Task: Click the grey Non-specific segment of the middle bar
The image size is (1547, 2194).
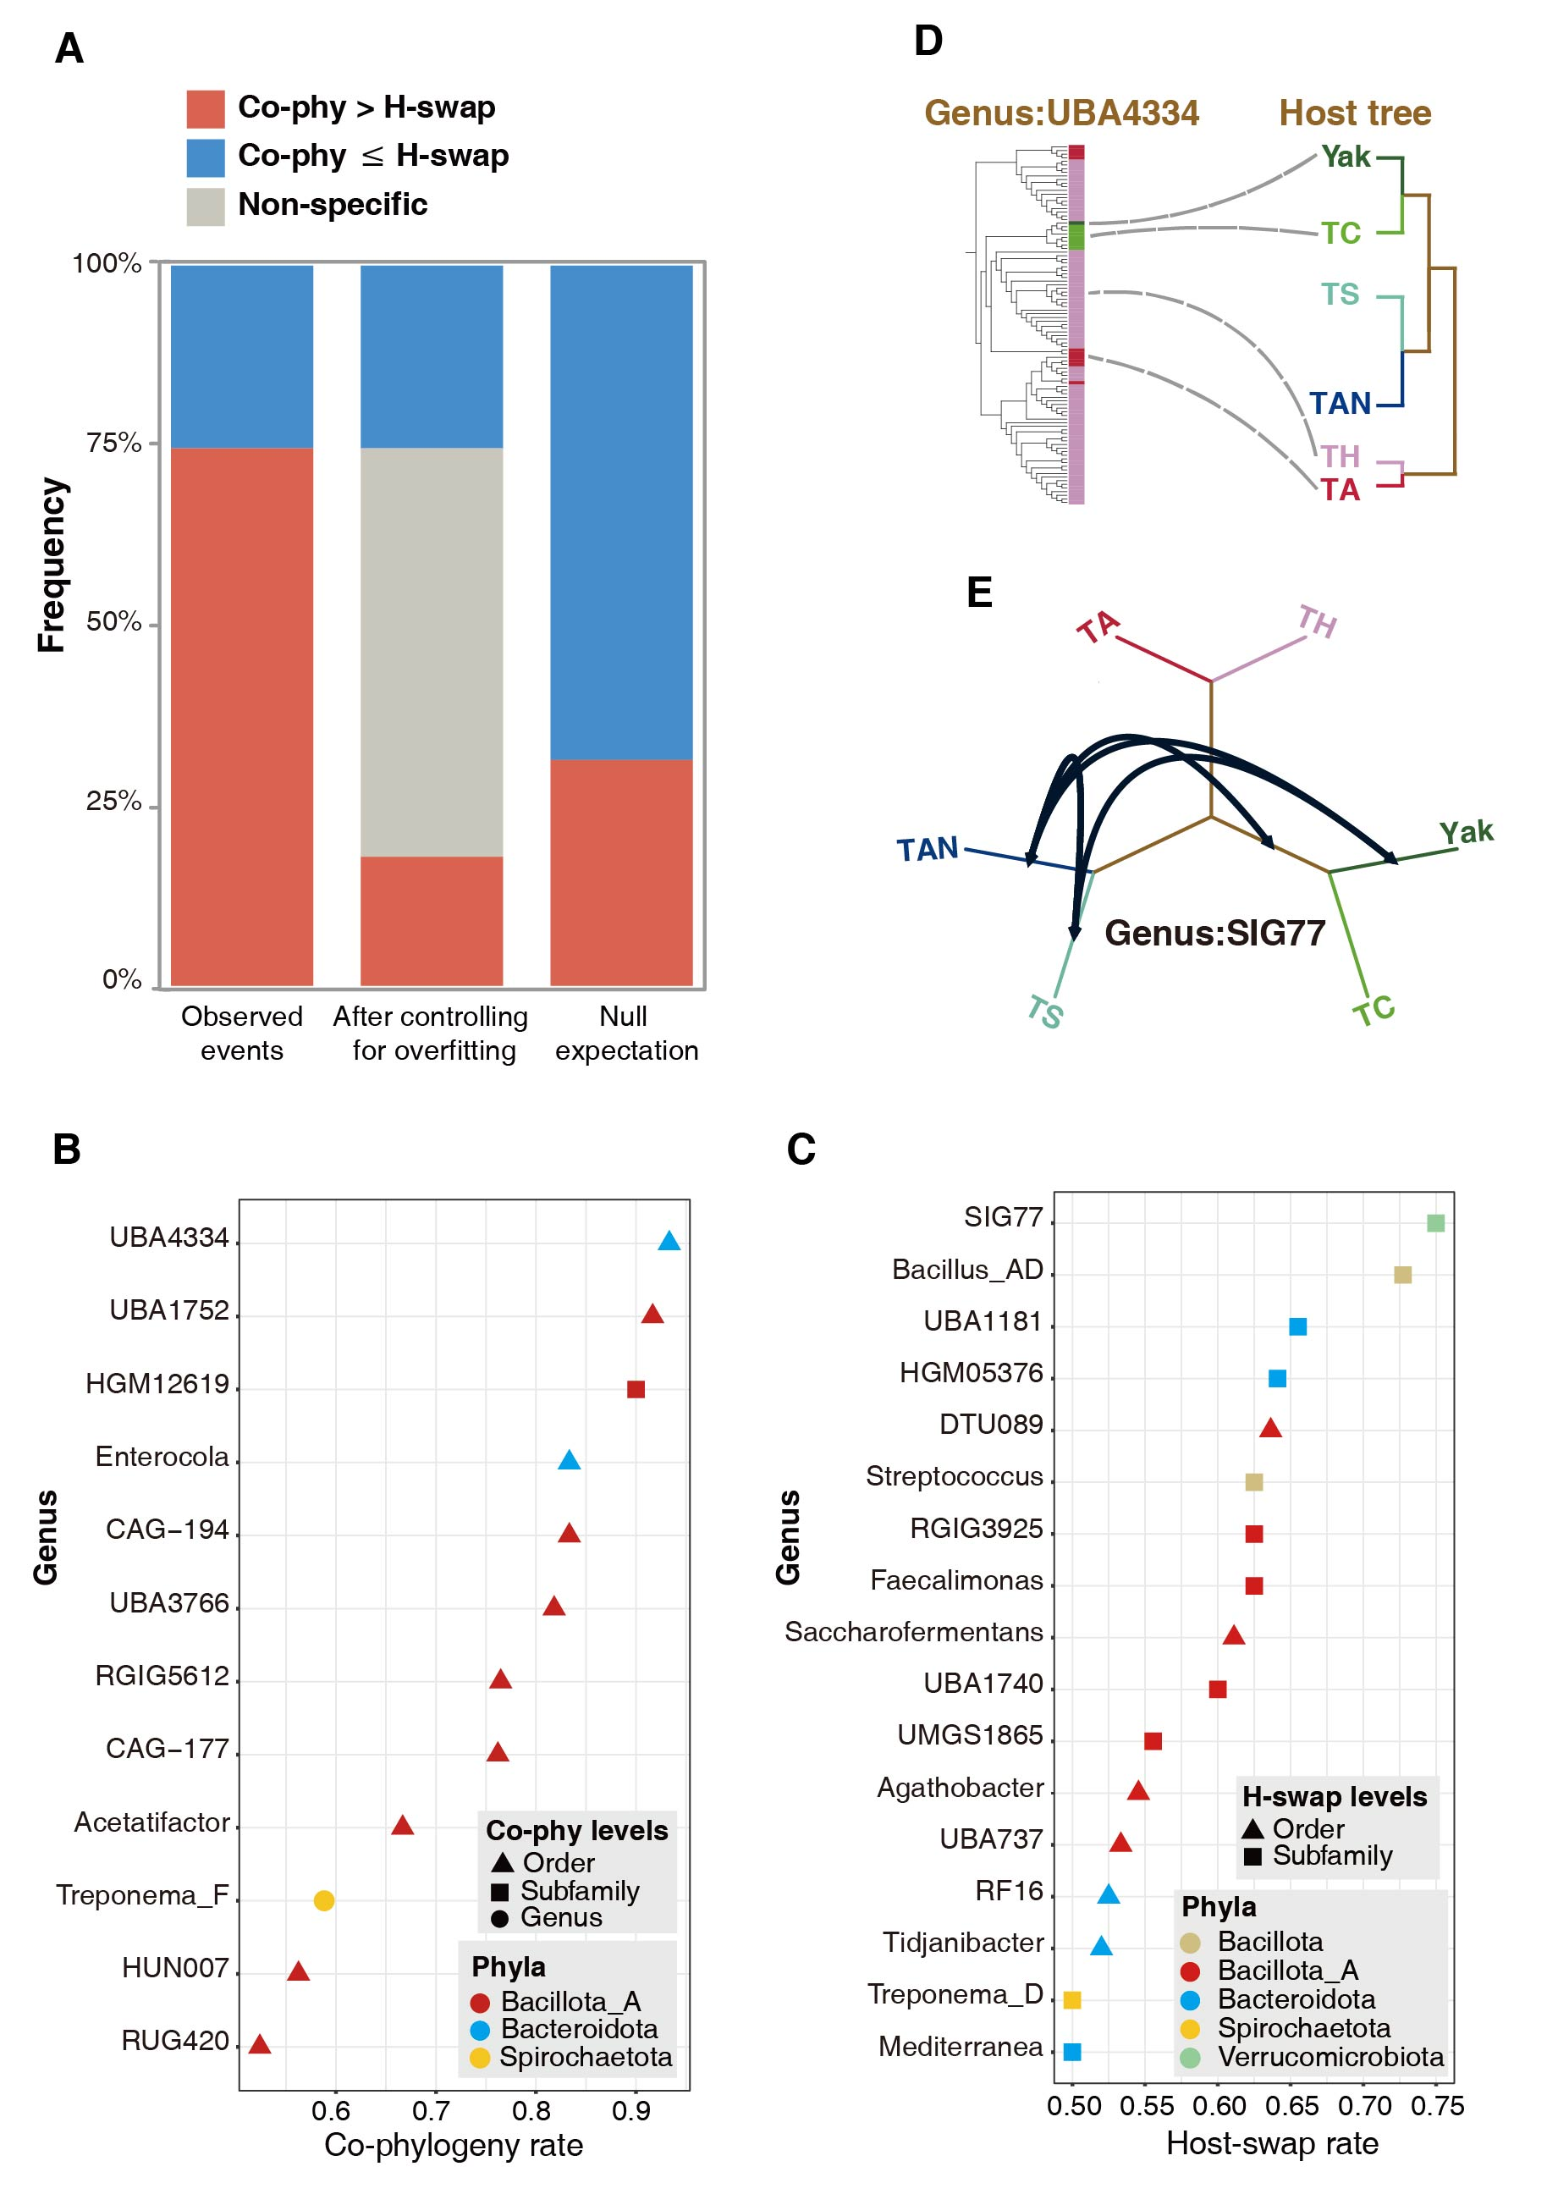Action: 431,652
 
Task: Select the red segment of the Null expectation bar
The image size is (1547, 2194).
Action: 621,872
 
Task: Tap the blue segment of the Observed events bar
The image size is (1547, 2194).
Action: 242,356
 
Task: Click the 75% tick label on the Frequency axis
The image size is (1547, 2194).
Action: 113,444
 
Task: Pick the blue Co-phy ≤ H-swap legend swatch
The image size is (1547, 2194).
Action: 206,157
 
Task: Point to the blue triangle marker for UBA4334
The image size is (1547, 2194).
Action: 669,1241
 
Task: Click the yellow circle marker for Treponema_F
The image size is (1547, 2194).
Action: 324,1899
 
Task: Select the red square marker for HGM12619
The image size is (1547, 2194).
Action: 636,1388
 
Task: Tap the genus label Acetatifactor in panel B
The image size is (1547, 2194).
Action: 152,1822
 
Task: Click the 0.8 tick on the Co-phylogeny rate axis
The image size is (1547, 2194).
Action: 531,2110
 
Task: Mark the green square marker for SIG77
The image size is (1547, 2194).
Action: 1435,1223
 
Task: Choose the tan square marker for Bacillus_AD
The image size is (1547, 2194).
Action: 1403,1275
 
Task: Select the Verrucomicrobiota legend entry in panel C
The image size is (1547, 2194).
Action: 1330,2056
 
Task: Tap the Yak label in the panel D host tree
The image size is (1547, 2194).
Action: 1346,157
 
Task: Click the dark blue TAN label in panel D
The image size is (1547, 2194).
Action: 1340,403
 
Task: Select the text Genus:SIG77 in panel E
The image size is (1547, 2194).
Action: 1214,933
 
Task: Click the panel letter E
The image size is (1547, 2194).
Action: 979,593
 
